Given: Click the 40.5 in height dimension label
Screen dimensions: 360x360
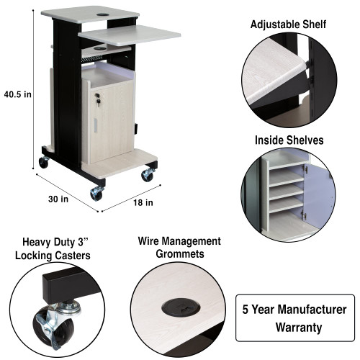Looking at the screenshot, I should (17, 93).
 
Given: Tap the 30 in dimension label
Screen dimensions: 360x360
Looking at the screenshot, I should (59, 198).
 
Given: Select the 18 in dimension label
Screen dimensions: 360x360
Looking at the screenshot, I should (143, 202).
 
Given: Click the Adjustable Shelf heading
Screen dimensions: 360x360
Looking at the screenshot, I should (288, 24).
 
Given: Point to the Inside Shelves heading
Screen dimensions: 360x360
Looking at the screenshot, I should (288, 140).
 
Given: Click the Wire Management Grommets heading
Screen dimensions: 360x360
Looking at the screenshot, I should (179, 248).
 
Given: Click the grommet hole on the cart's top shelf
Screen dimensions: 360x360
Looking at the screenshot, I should (101, 13).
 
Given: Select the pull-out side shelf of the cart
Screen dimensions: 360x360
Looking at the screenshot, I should (130, 33).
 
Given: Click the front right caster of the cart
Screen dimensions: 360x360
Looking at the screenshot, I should (147, 175).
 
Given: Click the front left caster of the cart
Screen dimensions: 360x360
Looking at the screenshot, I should (96, 194).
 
